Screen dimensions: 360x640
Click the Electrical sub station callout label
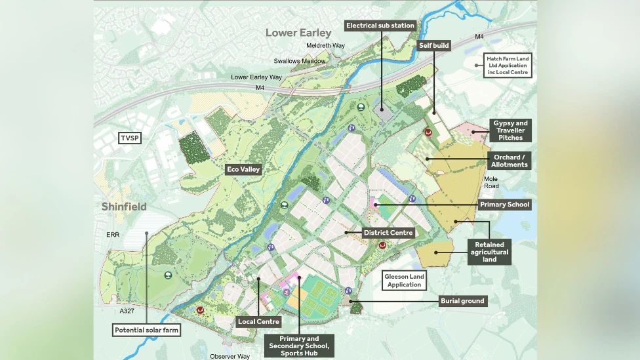pyautogui.click(x=380, y=26)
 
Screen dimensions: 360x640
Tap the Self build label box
pyautogui.click(x=433, y=46)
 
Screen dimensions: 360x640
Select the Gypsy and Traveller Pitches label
pyautogui.click(x=510, y=130)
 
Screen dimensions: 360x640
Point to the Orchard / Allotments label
pyautogui.click(x=510, y=161)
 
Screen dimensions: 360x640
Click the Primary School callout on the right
pyautogui.click(x=504, y=205)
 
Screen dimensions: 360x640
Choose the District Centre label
pyautogui.click(x=388, y=233)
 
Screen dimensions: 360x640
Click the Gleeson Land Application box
pyautogui.click(x=405, y=281)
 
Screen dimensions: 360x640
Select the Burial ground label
pyautogui.click(x=462, y=301)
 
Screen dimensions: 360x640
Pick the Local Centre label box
pyautogui.click(x=259, y=321)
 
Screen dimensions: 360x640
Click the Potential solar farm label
pyautogui.click(x=146, y=330)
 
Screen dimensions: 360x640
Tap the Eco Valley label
pyautogui.click(x=243, y=169)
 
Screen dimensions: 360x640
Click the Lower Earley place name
pyautogui.click(x=298, y=33)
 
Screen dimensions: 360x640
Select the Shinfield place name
pyautogui.click(x=124, y=207)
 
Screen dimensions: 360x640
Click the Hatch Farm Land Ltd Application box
pyautogui.click(x=508, y=66)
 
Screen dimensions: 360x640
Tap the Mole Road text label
pyautogui.click(x=491, y=182)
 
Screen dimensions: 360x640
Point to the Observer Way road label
pyautogui.click(x=230, y=356)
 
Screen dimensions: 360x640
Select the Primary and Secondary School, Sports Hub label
pyautogui.click(x=298, y=346)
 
